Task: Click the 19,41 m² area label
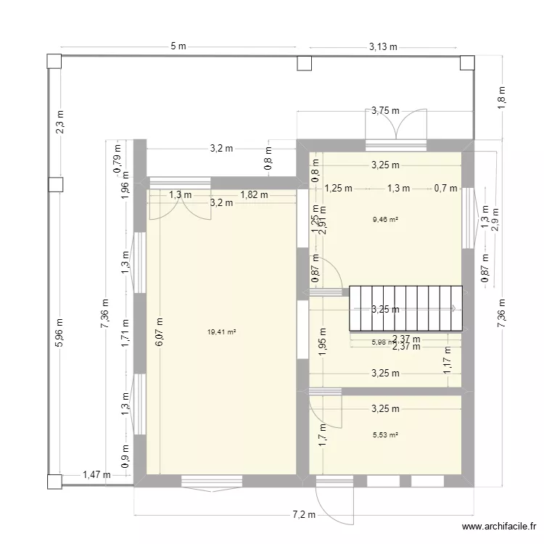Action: (x=222, y=332)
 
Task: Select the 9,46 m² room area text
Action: (x=384, y=218)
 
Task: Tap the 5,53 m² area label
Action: (x=384, y=435)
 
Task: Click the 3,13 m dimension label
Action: (x=384, y=47)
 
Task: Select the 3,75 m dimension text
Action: (x=384, y=111)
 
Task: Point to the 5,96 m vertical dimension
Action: (x=59, y=332)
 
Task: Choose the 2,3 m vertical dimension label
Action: (x=59, y=120)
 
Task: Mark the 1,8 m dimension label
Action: (x=500, y=96)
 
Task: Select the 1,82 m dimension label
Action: (x=254, y=194)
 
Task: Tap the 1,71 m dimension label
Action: (x=125, y=334)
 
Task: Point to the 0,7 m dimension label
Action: (x=445, y=188)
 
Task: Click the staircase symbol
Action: (x=405, y=308)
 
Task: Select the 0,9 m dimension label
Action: (x=125, y=459)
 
